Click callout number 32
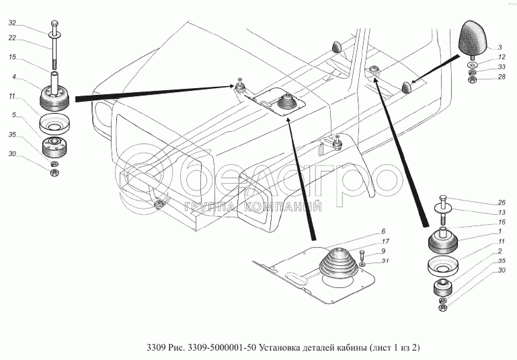coord(12,23)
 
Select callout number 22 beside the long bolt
coord(12,38)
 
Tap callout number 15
coord(12,57)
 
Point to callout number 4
coord(14,77)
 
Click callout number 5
coord(14,115)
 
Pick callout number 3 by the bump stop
coord(500,48)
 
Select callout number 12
coord(502,57)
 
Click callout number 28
coord(502,77)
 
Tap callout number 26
coord(502,203)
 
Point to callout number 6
coord(383,231)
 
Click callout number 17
coord(385,241)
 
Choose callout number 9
coord(383,251)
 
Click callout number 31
coord(385,260)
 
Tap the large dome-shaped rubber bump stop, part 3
coord(473,37)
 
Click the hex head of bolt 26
coord(444,199)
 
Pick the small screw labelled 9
coord(362,255)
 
